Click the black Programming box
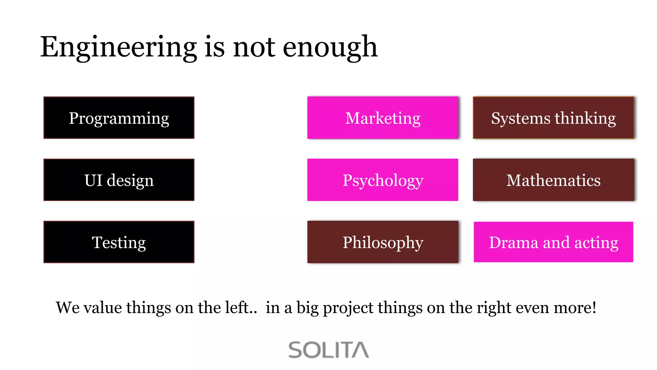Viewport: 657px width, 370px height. click(x=119, y=118)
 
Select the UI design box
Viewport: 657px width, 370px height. click(x=119, y=180)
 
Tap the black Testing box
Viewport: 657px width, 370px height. click(x=119, y=242)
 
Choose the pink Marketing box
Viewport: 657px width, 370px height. click(x=383, y=118)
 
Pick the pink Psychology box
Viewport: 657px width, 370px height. click(x=383, y=180)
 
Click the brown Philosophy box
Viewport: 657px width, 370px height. click(x=383, y=242)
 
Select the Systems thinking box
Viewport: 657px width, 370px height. click(x=553, y=118)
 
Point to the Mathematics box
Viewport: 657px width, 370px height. click(x=553, y=180)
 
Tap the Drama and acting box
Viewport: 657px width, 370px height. click(x=553, y=242)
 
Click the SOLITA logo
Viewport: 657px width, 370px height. click(x=328, y=350)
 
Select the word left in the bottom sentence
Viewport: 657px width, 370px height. click(x=237, y=307)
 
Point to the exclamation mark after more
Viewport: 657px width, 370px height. click(x=594, y=307)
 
